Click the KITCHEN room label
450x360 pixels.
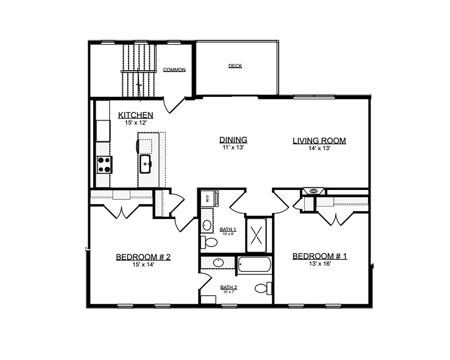(x=136, y=115)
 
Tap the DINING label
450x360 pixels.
(x=233, y=140)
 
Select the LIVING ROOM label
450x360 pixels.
(x=319, y=141)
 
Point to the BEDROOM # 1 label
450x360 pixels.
(x=320, y=256)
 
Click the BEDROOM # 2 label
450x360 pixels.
(x=143, y=257)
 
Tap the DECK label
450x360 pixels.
(x=235, y=66)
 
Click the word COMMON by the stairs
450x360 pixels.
(x=174, y=70)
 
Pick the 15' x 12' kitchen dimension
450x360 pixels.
(x=136, y=123)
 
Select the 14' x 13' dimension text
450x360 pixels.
(x=319, y=148)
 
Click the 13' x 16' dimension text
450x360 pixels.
(x=320, y=264)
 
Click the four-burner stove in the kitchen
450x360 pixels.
(x=104, y=164)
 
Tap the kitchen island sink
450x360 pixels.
(x=146, y=164)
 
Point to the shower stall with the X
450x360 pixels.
(x=256, y=235)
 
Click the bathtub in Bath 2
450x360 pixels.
(x=254, y=264)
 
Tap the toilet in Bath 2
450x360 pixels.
(x=263, y=288)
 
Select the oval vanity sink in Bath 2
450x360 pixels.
(x=218, y=263)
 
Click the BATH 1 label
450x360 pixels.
(x=228, y=230)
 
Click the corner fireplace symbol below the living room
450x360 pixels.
(x=313, y=191)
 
